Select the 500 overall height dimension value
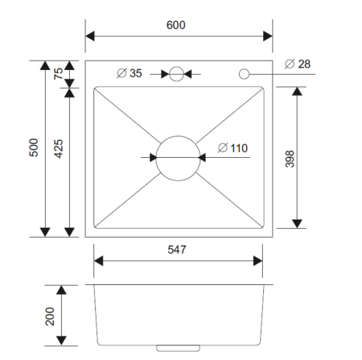pos(34,148)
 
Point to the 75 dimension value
pos(59,74)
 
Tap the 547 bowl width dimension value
pos(178,250)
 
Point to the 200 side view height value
pos(50,316)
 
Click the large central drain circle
pos(177,157)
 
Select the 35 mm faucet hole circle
pos(177,74)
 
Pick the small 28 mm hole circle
pos(244,74)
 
